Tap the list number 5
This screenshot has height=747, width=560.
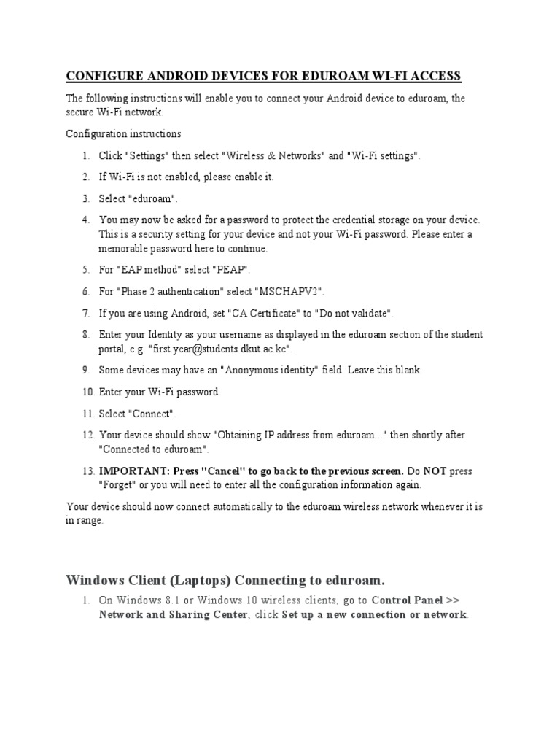pos(85,270)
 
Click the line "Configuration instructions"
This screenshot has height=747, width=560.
pos(124,134)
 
